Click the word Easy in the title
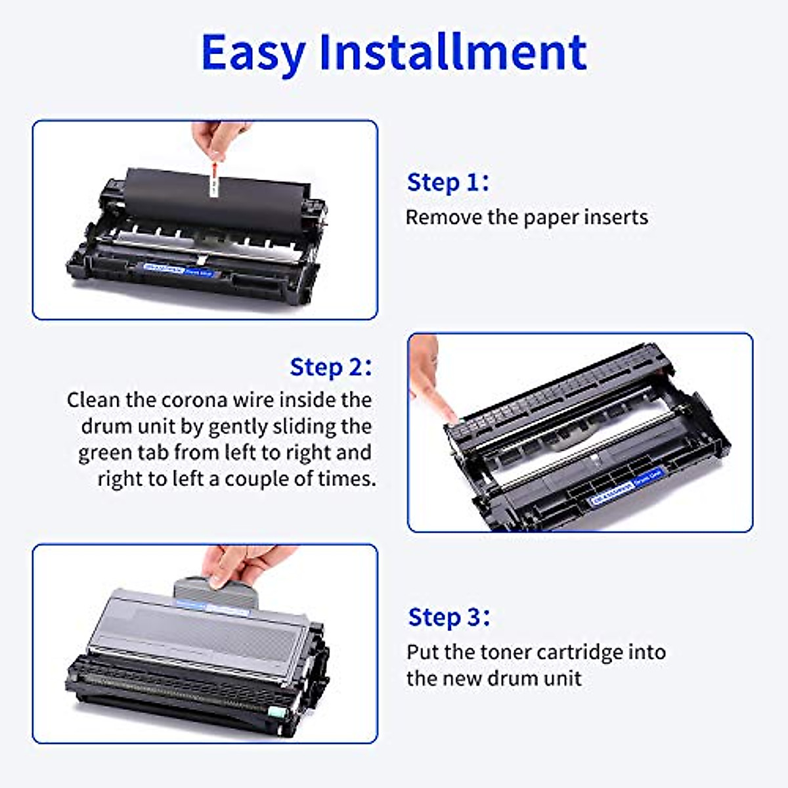[x=253, y=53]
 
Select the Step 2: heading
[x=331, y=367]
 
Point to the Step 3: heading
[x=449, y=617]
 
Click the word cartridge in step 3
[x=583, y=653]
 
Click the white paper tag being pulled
[x=214, y=178]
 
